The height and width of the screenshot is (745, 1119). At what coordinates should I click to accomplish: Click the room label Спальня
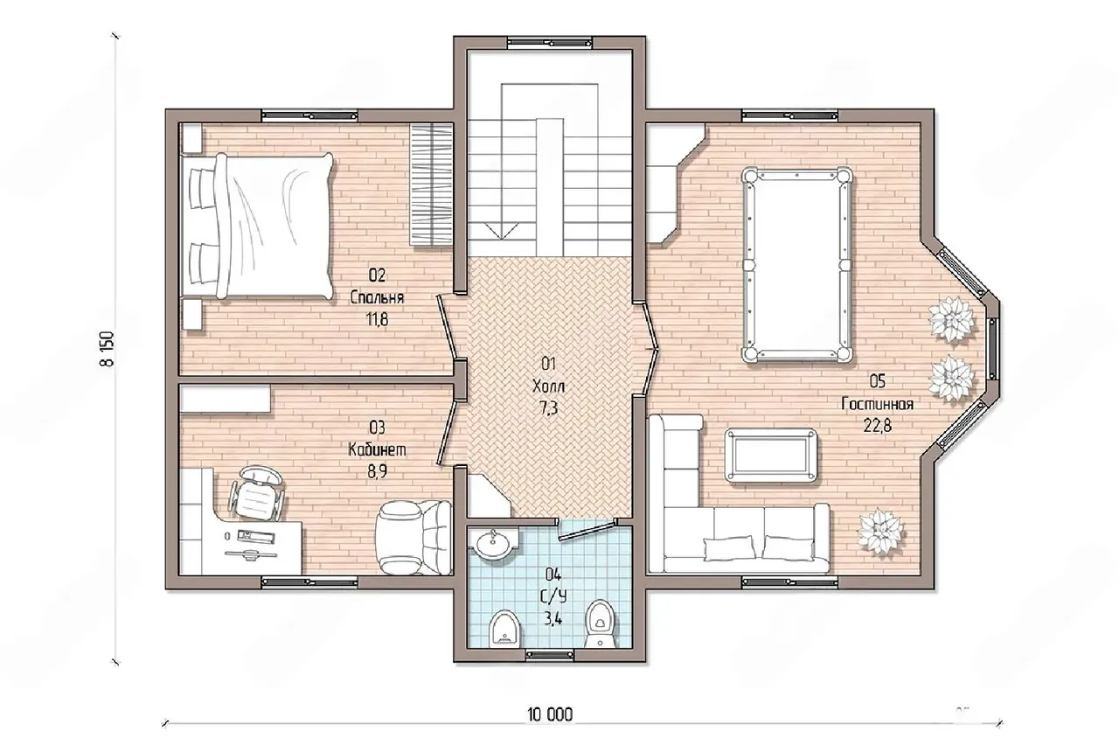377,298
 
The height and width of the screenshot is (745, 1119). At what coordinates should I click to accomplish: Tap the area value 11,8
377,319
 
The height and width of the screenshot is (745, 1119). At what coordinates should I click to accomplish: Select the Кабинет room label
377,449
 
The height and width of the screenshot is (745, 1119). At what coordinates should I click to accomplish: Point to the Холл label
548,386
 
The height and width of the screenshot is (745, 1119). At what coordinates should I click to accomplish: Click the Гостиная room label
877,404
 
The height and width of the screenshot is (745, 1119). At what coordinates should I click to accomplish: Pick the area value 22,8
877,426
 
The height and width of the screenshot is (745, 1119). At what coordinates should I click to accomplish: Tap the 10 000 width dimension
550,715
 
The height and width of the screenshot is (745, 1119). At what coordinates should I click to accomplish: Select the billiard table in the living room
796,264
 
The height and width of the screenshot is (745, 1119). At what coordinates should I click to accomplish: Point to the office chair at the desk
257,492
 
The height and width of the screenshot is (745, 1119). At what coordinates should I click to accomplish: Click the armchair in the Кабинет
414,538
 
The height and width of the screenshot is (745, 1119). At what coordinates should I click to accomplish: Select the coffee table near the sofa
771,456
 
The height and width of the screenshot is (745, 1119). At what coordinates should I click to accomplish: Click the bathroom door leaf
587,531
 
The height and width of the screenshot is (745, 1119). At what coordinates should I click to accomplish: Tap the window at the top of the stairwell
550,42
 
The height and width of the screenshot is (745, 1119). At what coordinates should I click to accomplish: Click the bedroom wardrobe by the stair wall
431,185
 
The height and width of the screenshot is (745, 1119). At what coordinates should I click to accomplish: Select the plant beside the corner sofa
880,532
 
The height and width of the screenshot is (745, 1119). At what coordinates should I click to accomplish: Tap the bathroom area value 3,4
553,620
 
